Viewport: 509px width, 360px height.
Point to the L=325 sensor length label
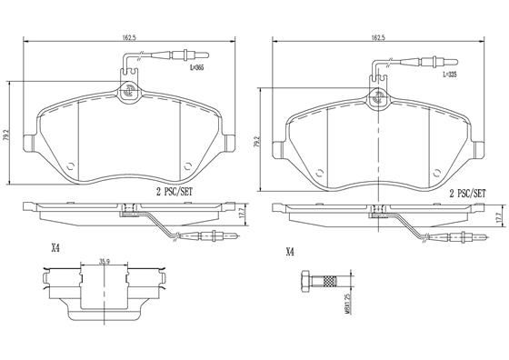pos(449,75)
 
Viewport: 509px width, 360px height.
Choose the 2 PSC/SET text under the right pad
pos(468,194)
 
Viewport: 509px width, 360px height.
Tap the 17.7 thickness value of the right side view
pos(497,219)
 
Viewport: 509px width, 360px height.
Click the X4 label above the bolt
pos(290,252)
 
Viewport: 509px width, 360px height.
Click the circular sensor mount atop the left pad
pos(128,91)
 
